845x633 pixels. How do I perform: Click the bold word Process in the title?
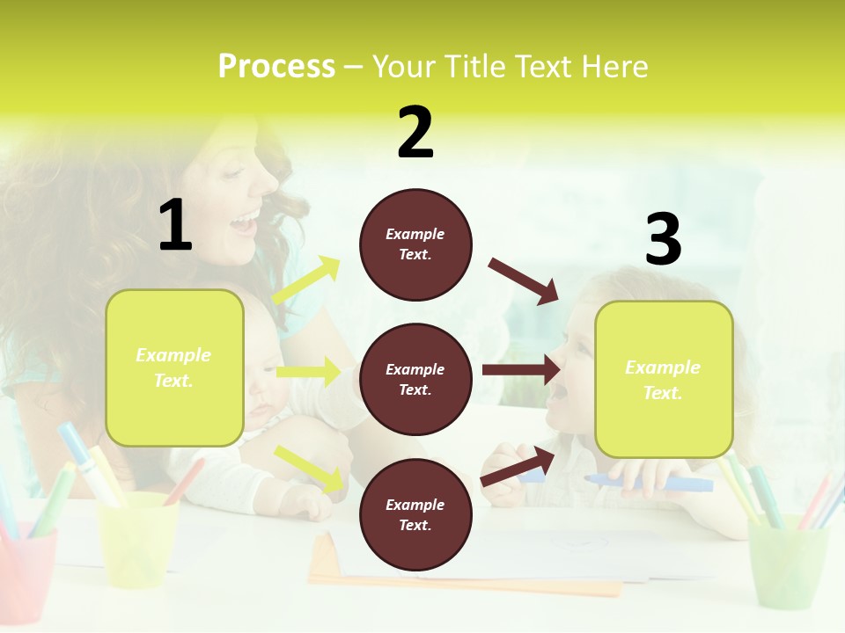pyautogui.click(x=276, y=67)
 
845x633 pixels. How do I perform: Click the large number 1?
pyautogui.click(x=175, y=225)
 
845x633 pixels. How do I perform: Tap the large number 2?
pyautogui.click(x=415, y=133)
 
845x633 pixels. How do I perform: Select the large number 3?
pyautogui.click(x=663, y=239)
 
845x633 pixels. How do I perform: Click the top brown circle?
pyautogui.click(x=415, y=244)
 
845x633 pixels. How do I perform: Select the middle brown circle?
pyautogui.click(x=415, y=379)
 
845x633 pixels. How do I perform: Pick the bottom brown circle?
pyautogui.click(x=415, y=514)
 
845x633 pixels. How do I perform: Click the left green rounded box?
pyautogui.click(x=174, y=367)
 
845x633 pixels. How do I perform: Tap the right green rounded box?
pyautogui.click(x=664, y=379)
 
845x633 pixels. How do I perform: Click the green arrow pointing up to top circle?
pyautogui.click(x=306, y=281)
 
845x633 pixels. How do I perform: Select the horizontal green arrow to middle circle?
pyautogui.click(x=308, y=372)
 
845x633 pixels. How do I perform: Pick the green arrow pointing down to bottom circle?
pyautogui.click(x=309, y=469)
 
